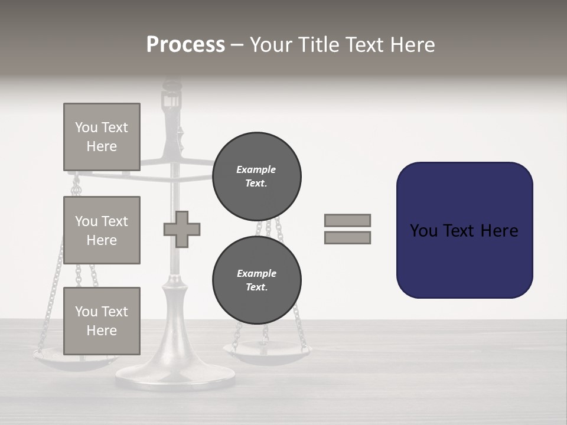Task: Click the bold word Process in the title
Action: (185, 45)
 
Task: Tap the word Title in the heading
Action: (317, 45)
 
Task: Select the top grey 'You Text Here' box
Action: (102, 137)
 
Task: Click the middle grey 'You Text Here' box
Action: (102, 230)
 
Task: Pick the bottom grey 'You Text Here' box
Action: (102, 321)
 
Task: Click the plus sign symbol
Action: (182, 229)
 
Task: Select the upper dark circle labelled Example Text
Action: (256, 176)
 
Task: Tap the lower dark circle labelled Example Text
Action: (256, 280)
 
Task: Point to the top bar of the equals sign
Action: (347, 220)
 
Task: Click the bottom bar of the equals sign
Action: (347, 237)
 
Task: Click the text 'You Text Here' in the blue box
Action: (464, 230)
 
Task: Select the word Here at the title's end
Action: (413, 45)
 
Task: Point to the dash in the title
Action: (237, 45)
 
